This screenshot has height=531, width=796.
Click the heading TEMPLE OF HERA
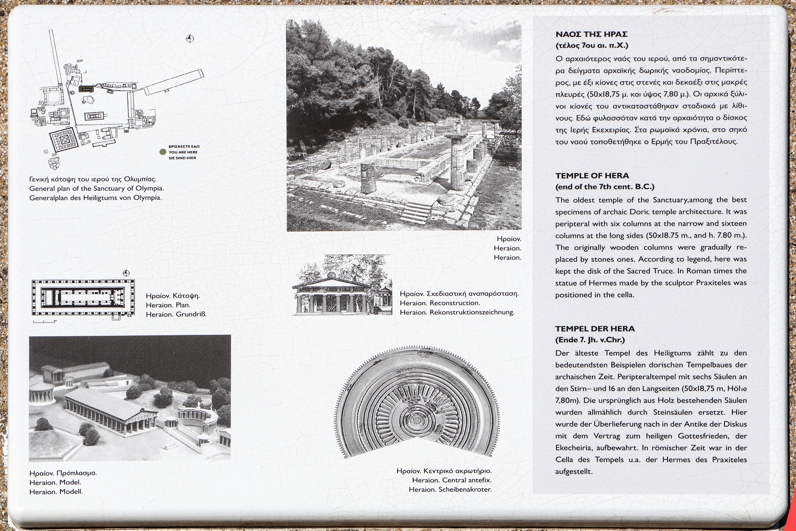coord(592,175)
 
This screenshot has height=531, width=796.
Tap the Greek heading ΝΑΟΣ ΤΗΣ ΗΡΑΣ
coord(591,34)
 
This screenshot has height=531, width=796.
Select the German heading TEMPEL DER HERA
coord(595,328)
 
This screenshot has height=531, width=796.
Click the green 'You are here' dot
coord(163,152)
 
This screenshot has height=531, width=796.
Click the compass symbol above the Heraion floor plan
coord(126,273)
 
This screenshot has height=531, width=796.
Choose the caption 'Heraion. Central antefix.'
coord(452,480)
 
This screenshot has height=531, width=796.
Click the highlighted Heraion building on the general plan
coord(86,89)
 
